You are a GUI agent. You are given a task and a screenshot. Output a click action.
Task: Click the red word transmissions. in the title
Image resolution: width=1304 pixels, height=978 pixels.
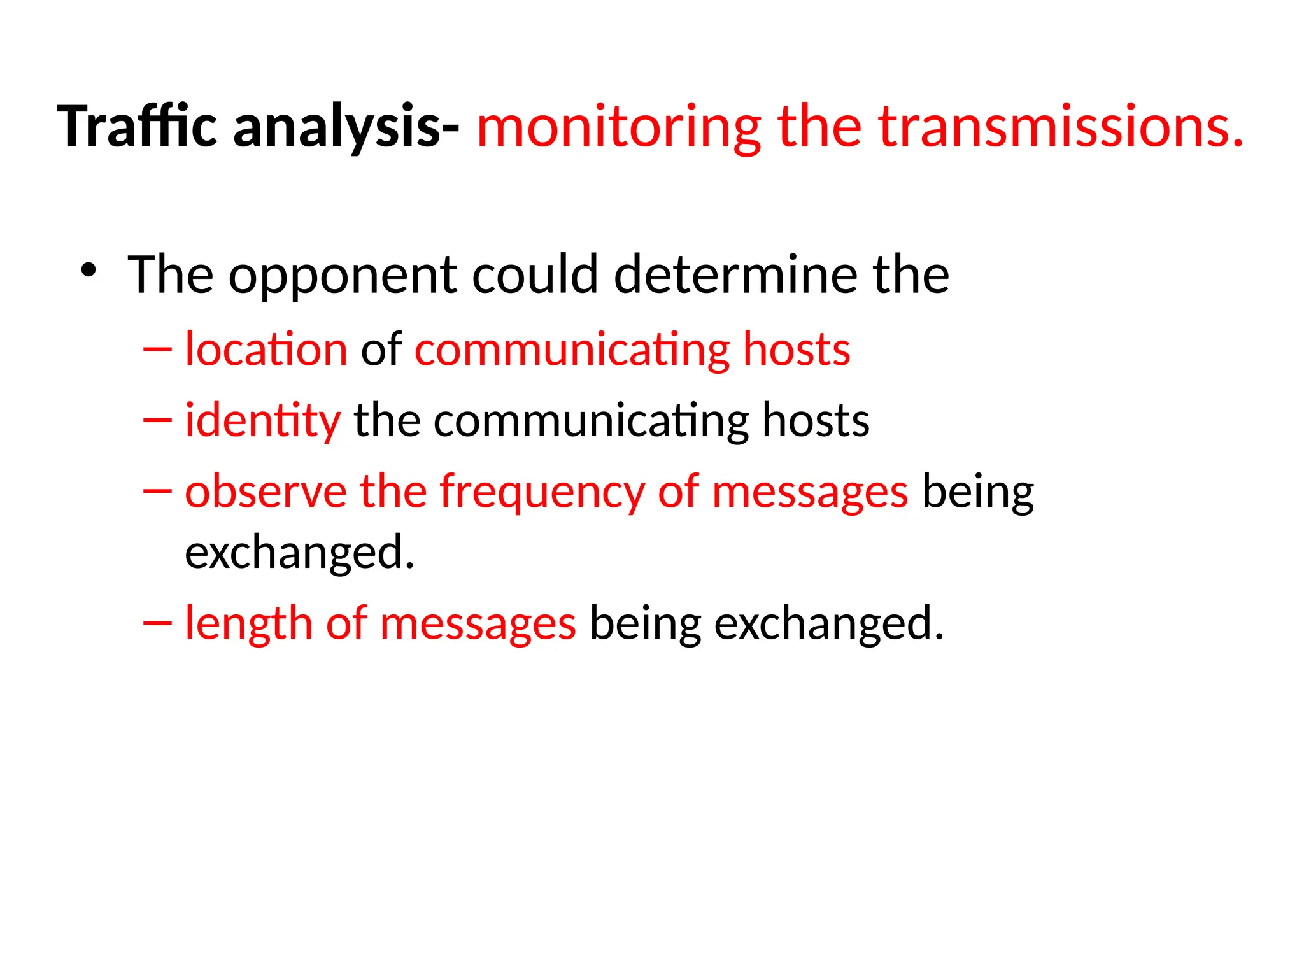pyautogui.click(x=1060, y=127)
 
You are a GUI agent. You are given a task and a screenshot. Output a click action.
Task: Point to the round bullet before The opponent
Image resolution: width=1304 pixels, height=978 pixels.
pyautogui.click(x=89, y=271)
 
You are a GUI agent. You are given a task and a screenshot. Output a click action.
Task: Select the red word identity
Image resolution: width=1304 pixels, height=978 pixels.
pyautogui.click(x=262, y=421)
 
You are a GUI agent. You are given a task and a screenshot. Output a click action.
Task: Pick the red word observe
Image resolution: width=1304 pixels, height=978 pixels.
pyautogui.click(x=266, y=492)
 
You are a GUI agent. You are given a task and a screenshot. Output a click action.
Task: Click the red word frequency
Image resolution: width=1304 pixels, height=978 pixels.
pyautogui.click(x=542, y=492)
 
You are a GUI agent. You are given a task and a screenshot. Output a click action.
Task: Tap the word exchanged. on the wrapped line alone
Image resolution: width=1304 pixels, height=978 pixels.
pyautogui.click(x=299, y=553)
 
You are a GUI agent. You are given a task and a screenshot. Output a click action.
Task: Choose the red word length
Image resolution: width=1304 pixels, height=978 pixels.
pyautogui.click(x=248, y=623)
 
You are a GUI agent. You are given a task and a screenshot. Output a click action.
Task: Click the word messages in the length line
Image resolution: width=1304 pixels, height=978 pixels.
pyautogui.click(x=478, y=623)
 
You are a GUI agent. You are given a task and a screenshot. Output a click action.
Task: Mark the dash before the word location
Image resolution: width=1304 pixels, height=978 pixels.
pyautogui.click(x=157, y=350)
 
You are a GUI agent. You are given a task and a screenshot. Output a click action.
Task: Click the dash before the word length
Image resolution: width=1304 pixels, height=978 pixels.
pyautogui.click(x=157, y=623)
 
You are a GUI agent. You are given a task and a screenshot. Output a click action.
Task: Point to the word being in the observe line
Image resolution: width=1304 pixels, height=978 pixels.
pyautogui.click(x=977, y=492)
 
